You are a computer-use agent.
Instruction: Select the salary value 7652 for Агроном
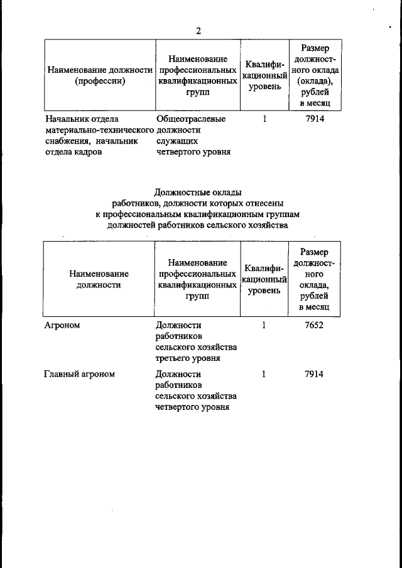pyautogui.click(x=313, y=325)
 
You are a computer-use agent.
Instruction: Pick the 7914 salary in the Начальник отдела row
pyautogui.click(x=313, y=117)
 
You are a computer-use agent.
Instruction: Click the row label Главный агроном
pyautogui.click(x=79, y=374)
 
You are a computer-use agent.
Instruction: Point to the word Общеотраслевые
pyautogui.click(x=190, y=118)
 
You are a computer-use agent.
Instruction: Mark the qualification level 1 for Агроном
pyautogui.click(x=264, y=325)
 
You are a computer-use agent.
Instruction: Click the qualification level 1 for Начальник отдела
pyautogui.click(x=264, y=117)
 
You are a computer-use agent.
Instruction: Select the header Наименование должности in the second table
pyautogui.click(x=99, y=279)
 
